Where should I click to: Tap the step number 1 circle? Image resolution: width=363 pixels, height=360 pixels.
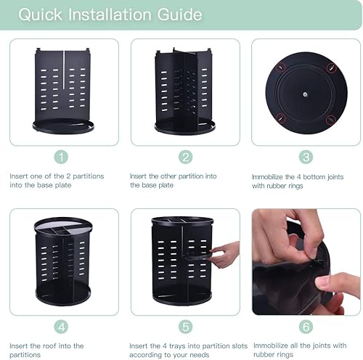[x=63, y=157]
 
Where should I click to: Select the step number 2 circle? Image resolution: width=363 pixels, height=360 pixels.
[x=185, y=157]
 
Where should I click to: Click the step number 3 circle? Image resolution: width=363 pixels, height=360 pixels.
[x=306, y=157]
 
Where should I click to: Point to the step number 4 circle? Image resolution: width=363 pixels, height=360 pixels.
[x=63, y=327]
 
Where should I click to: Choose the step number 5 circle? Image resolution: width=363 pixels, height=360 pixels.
[x=185, y=327]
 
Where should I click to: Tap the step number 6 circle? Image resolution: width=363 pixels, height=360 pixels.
[x=306, y=327]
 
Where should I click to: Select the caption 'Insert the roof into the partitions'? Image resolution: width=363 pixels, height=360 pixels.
[x=47, y=350]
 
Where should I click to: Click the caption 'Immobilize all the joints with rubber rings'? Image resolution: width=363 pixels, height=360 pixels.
[x=301, y=350]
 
